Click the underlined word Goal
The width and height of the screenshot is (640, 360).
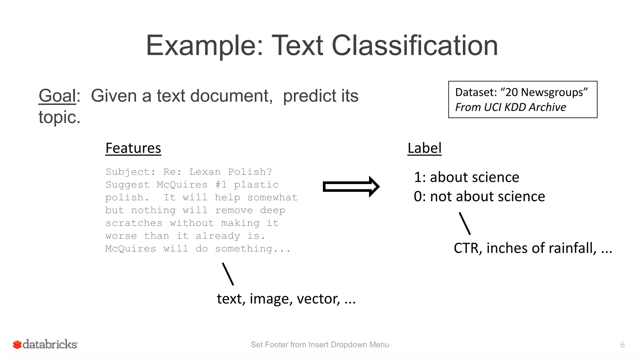click(x=57, y=96)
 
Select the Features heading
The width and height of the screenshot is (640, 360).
click(x=133, y=148)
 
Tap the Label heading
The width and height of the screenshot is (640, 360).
click(x=424, y=148)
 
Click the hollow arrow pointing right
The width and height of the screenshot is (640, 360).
click(x=351, y=187)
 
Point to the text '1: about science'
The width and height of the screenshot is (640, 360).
click(x=466, y=177)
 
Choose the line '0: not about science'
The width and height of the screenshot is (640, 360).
click(x=479, y=197)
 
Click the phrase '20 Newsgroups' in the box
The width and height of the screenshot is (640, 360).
click(x=544, y=92)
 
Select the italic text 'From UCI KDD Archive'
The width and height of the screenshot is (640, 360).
click(x=510, y=107)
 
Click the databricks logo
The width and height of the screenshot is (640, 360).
click(x=46, y=344)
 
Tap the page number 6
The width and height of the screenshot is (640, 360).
click(x=622, y=345)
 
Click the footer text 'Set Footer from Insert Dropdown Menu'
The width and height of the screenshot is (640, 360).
click(x=320, y=345)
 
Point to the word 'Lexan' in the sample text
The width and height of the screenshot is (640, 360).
click(x=205, y=172)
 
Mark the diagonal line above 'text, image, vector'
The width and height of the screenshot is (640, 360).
click(x=228, y=274)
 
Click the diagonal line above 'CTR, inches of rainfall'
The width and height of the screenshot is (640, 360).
click(x=465, y=223)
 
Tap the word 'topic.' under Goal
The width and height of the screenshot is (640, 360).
click(x=59, y=117)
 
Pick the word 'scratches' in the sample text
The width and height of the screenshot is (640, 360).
click(x=134, y=223)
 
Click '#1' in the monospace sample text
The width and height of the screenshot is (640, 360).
click(x=221, y=185)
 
